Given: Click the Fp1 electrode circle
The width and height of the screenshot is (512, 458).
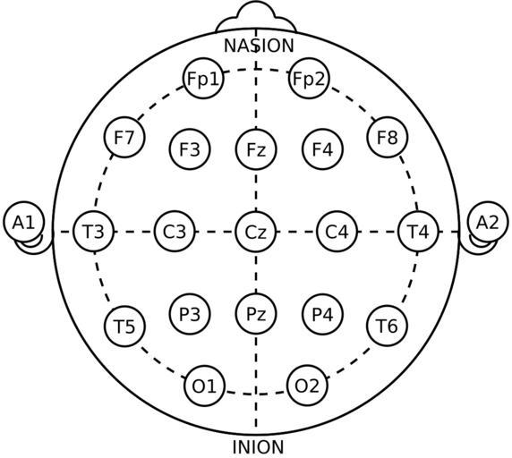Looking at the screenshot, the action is click(x=203, y=79).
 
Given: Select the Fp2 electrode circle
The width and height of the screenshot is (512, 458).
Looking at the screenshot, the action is click(x=309, y=79).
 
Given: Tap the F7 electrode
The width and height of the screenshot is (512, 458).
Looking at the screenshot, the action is click(x=124, y=138).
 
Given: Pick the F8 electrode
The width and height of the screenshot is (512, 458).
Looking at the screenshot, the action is click(x=388, y=138).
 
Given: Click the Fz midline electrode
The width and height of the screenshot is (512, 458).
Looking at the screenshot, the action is click(x=256, y=149).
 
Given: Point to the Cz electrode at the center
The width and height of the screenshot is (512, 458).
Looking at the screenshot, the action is click(x=256, y=232).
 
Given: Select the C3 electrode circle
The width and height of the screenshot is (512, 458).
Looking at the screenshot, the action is click(x=175, y=232).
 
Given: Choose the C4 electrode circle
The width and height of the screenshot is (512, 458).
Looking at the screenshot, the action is click(x=337, y=232).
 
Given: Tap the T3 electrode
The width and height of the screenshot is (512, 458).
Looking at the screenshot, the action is click(x=94, y=232).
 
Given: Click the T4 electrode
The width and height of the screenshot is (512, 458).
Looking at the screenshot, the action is click(x=418, y=232).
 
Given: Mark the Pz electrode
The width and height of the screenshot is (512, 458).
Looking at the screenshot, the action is click(x=256, y=314).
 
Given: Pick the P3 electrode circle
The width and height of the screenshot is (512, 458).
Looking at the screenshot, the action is click(x=190, y=314).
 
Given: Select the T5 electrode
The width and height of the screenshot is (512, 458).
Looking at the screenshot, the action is click(x=124, y=327).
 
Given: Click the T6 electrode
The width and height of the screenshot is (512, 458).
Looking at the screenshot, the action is click(x=388, y=326).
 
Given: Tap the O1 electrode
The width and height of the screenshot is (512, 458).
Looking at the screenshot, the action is click(x=205, y=386).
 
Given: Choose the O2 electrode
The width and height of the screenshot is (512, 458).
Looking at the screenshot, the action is click(x=307, y=386).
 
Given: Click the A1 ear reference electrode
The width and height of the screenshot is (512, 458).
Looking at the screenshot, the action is click(x=24, y=222).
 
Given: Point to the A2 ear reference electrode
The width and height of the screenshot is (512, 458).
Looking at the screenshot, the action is click(x=488, y=222).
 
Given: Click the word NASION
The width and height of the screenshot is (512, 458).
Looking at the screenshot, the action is click(x=259, y=46).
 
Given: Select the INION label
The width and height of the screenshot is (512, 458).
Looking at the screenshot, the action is click(x=258, y=447).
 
